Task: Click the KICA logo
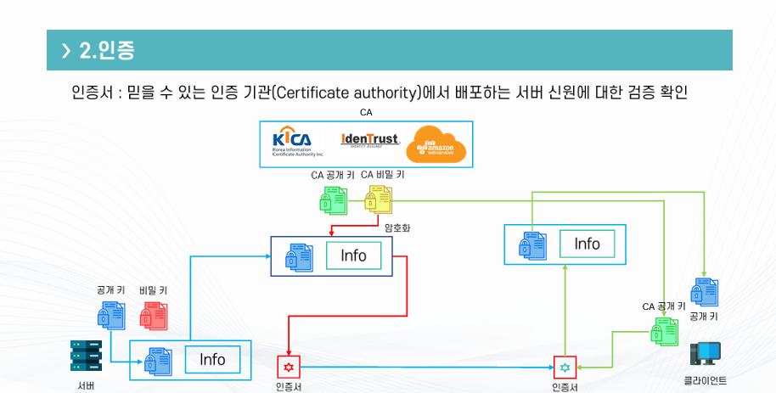pos(293,143)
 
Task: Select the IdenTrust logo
pos(369,140)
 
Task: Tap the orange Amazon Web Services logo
pos(436,143)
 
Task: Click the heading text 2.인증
pos(106,50)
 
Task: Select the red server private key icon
pos(154,316)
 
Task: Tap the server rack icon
pos(86,356)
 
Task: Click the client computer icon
pos(705,355)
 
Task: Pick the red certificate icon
pos(290,367)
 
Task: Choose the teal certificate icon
pos(565,367)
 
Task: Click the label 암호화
pos(396,227)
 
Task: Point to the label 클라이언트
pos(705,380)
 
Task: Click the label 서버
pos(86,385)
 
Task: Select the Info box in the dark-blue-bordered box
pos(354,255)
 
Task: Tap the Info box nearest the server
pos(212,360)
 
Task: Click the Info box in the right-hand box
pos(588,244)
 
